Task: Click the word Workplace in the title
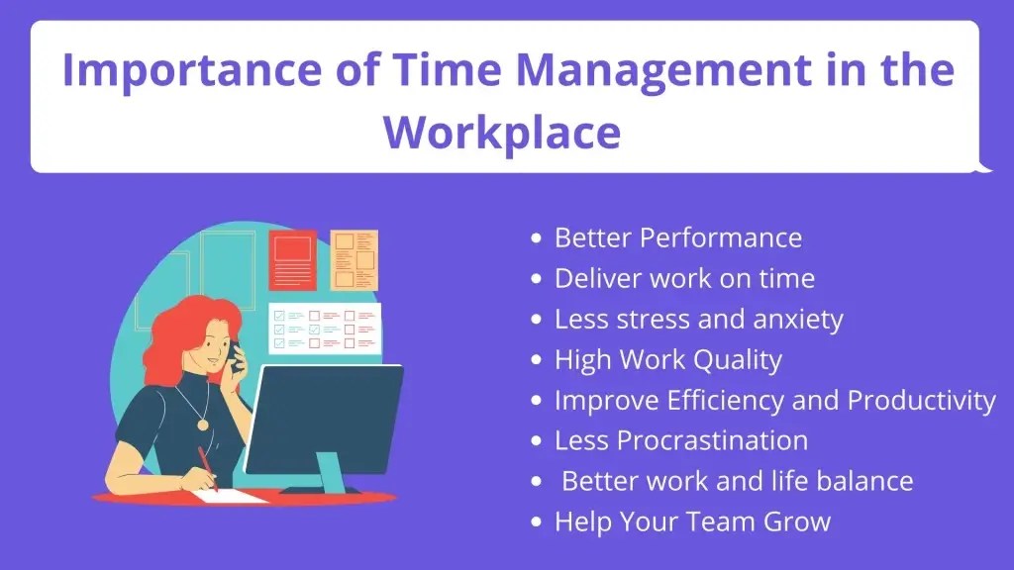[x=502, y=131]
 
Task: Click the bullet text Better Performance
[x=677, y=237]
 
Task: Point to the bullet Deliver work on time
[x=684, y=278]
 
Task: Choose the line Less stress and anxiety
[x=698, y=319]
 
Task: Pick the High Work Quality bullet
[x=667, y=359]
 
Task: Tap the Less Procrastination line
[x=681, y=439]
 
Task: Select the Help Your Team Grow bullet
[x=692, y=521]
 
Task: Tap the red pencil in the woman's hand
[x=207, y=466]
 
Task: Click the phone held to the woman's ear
[x=236, y=355]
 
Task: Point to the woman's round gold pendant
[x=203, y=424]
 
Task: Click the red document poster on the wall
[x=292, y=260]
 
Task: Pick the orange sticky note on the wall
[x=354, y=260]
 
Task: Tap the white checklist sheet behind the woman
[x=326, y=328]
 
